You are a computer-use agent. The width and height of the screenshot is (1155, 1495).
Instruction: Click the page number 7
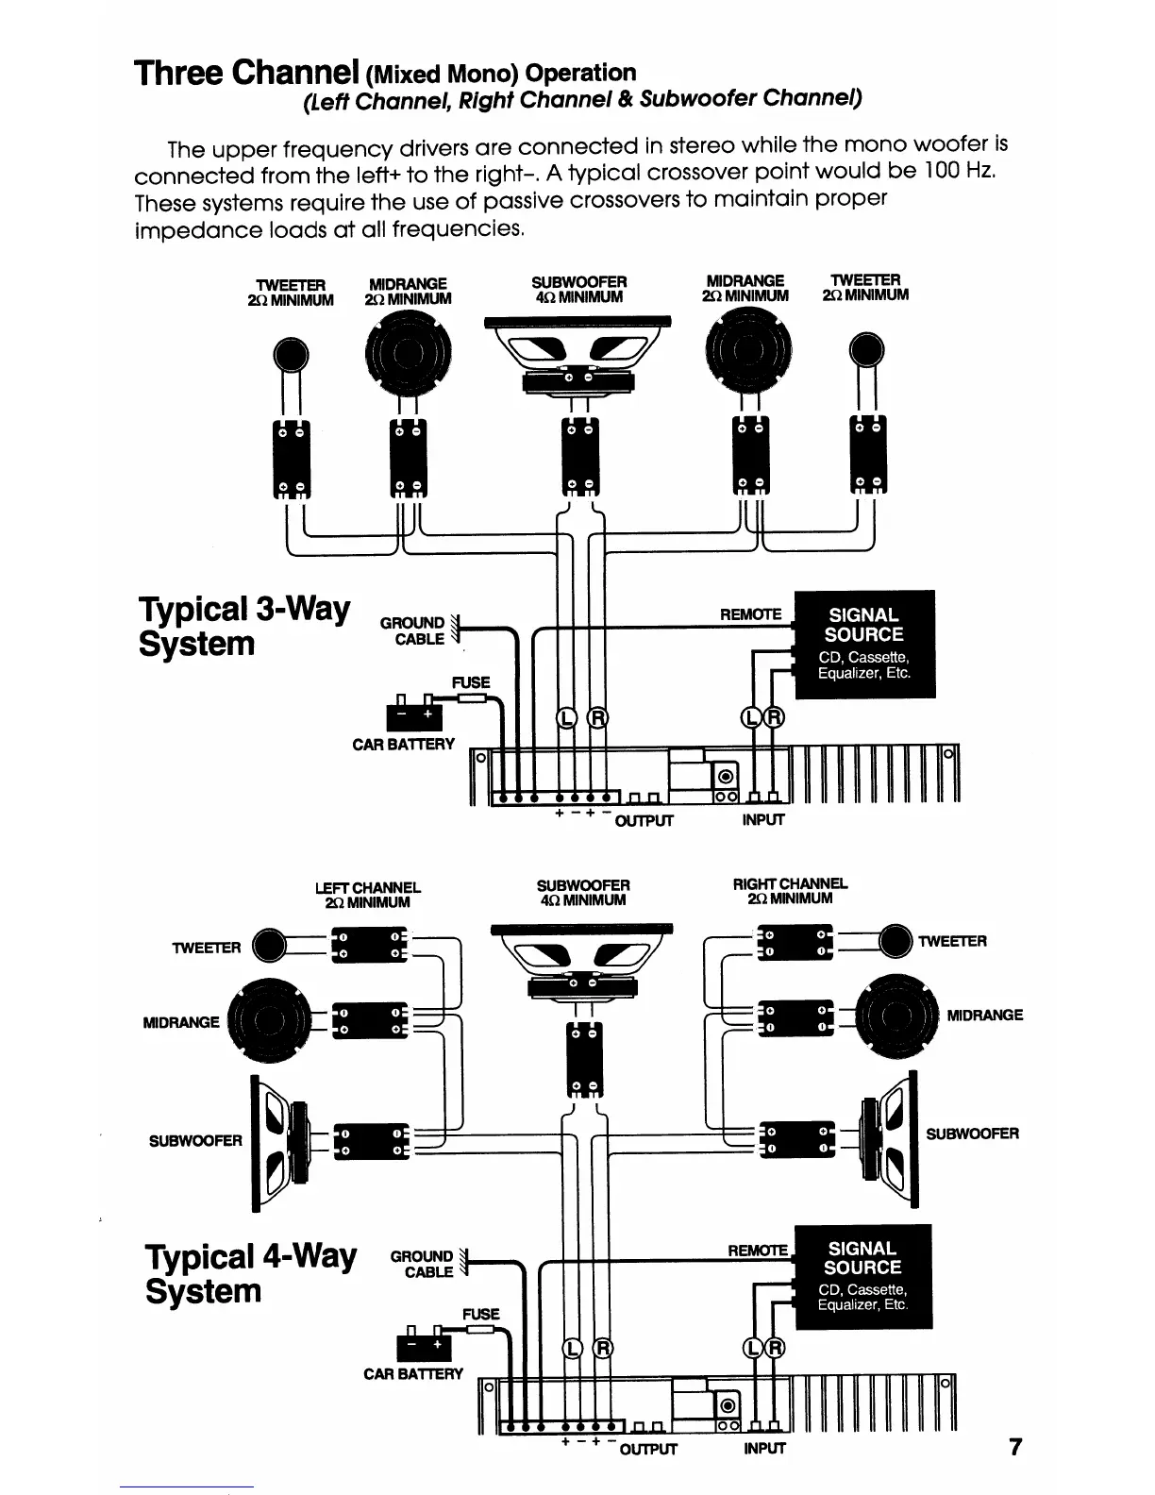pyautogui.click(x=1015, y=1447)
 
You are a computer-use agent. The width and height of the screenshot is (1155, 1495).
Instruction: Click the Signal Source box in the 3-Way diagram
pyautogui.click(x=864, y=644)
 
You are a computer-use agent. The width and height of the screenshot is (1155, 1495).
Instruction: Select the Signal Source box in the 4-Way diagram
pyautogui.click(x=862, y=1276)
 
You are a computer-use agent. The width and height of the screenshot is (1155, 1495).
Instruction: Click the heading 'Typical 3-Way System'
pyautogui.click(x=243, y=626)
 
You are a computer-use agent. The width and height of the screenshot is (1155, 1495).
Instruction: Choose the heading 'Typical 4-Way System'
pyautogui.click(x=251, y=1273)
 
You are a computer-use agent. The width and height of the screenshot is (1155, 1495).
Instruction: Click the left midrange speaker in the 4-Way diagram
pyautogui.click(x=274, y=1020)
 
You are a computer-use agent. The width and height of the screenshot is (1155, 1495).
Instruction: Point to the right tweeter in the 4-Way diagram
pyautogui.click(x=894, y=941)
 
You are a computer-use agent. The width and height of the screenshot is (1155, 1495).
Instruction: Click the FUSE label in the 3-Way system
pyautogui.click(x=471, y=681)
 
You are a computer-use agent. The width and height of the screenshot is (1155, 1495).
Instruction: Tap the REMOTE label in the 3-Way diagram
pyautogui.click(x=750, y=614)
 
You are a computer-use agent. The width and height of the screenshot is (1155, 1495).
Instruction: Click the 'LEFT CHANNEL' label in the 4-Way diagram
pyautogui.click(x=367, y=887)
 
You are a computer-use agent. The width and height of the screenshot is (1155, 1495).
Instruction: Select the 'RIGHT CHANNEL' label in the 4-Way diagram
pyautogui.click(x=790, y=884)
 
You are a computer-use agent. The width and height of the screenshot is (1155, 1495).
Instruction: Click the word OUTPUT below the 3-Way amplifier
pyautogui.click(x=644, y=820)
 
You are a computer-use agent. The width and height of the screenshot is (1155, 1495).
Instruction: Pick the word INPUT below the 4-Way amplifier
pyautogui.click(x=763, y=1448)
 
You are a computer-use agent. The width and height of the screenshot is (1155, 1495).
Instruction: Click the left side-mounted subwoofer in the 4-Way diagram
pyautogui.click(x=279, y=1141)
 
